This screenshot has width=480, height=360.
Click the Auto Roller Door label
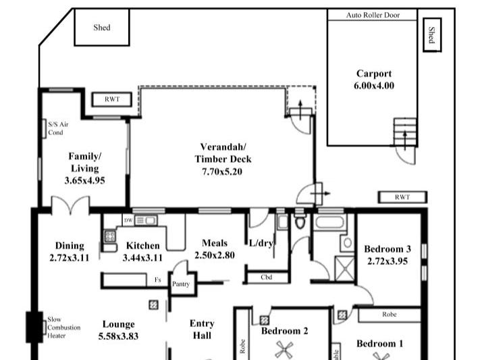(372, 15)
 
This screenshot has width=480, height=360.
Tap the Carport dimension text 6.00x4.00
(373, 86)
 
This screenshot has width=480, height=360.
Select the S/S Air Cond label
(58, 128)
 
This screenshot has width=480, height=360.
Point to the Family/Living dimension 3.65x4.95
(84, 180)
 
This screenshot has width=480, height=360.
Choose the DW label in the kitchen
(128, 220)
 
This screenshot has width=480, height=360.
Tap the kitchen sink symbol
(146, 220)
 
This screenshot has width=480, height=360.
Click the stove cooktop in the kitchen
(109, 236)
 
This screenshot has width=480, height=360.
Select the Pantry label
(181, 284)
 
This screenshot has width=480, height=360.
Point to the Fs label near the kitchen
(157, 279)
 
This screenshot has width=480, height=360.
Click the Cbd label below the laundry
(266, 277)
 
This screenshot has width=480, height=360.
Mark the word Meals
(214, 243)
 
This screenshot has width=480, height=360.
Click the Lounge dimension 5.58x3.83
(119, 336)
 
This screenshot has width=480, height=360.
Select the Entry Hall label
(202, 329)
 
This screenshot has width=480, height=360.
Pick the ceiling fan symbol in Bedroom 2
(282, 350)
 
